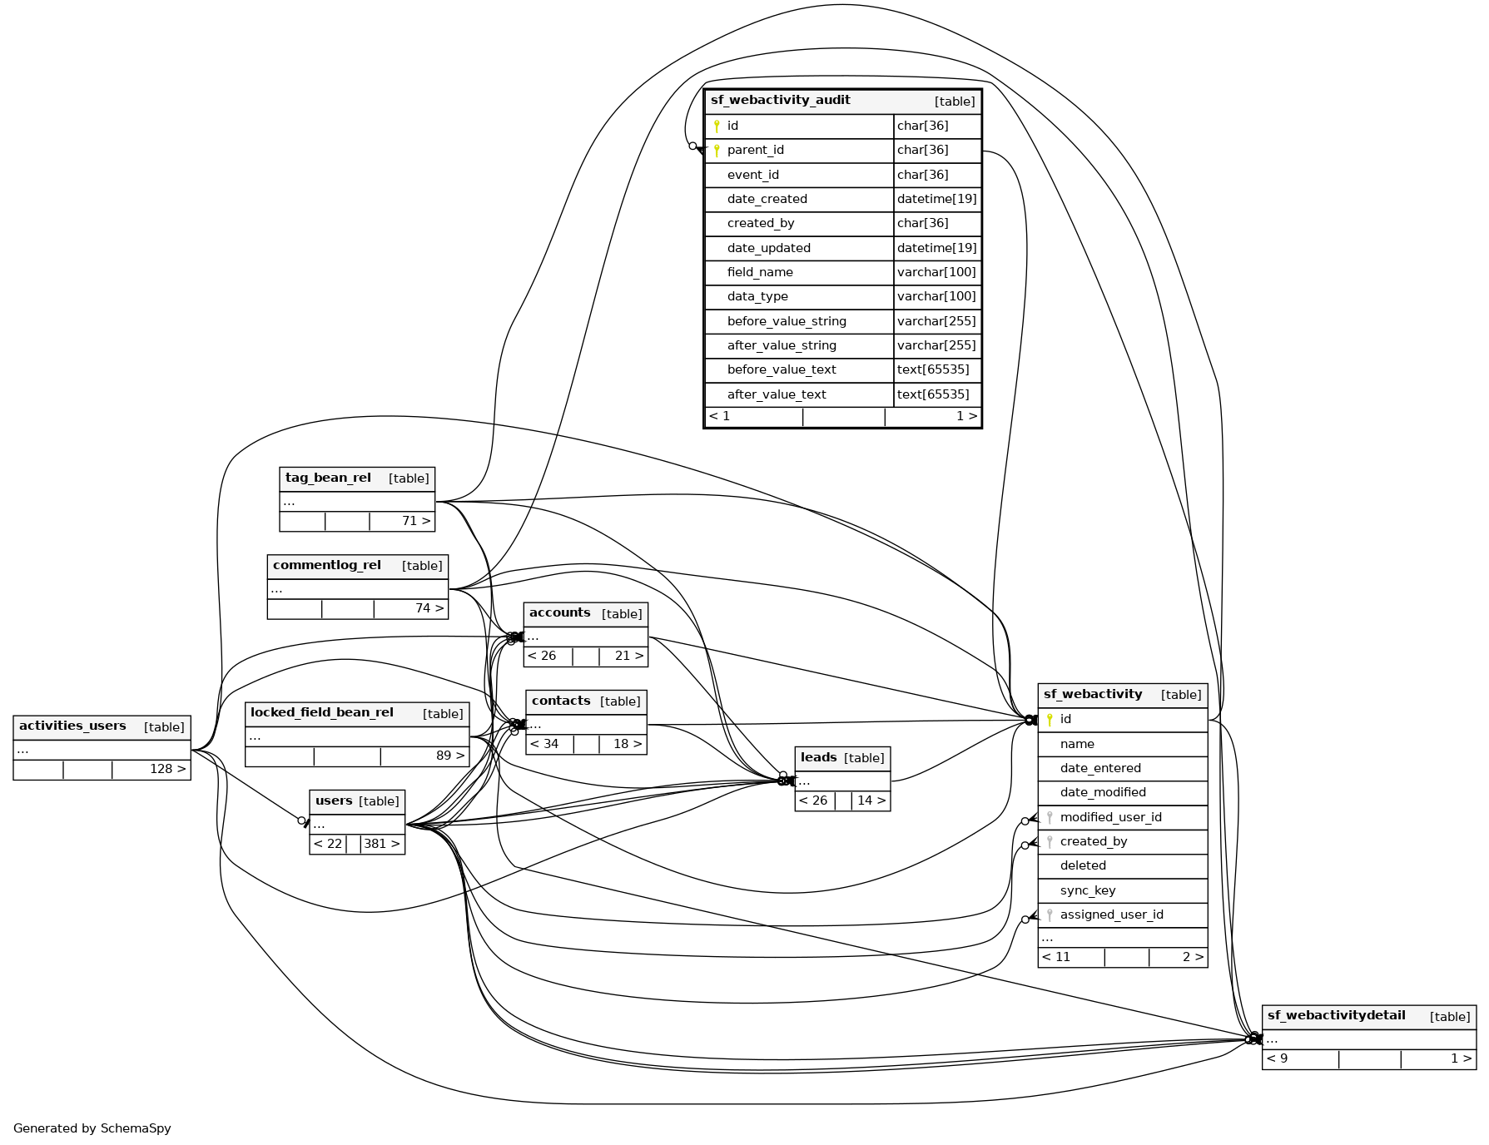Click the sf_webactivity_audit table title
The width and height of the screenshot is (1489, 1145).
point(780,101)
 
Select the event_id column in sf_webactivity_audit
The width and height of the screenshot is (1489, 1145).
point(752,175)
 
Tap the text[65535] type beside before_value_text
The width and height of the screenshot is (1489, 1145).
point(932,369)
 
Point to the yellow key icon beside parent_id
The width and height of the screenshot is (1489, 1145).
point(717,151)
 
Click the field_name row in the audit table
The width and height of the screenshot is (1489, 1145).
point(759,272)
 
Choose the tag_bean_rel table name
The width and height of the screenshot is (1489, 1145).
point(328,478)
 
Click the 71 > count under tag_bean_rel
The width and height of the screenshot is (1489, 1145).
point(415,521)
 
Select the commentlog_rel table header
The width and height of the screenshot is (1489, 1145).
point(327,566)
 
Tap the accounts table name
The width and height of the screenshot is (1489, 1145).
point(559,613)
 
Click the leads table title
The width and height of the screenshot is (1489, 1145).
point(818,757)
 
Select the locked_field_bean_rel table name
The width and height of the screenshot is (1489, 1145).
point(321,713)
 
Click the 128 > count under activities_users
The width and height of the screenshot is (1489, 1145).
point(167,769)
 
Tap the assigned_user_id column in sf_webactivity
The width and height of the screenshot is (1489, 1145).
point(1111,915)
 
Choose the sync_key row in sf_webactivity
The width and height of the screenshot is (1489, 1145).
point(1087,890)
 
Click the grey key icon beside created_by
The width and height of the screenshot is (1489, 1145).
point(1050,841)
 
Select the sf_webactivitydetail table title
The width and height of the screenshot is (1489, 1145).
point(1336,1016)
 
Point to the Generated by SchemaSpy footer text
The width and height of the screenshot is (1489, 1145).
point(92,1128)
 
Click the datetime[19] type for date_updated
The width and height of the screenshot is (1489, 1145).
point(936,248)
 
